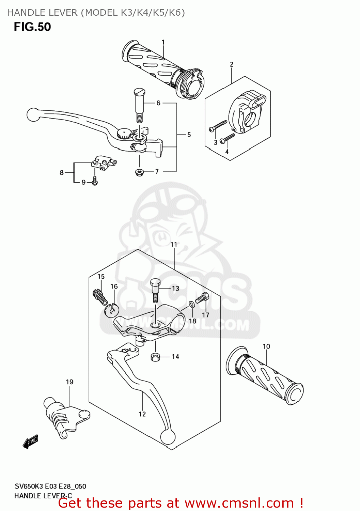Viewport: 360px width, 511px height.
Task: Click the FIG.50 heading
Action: (32, 27)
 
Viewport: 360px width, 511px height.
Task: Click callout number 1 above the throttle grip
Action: (163, 42)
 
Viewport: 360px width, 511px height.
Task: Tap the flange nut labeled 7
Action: (139, 172)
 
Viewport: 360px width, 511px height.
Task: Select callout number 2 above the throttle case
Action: (232, 64)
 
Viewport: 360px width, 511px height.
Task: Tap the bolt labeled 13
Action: (155, 290)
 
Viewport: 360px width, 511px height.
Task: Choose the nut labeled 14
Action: (155, 357)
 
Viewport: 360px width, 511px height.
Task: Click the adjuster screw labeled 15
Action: (98, 296)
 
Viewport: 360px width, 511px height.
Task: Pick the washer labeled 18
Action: (192, 304)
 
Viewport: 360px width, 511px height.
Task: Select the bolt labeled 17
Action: (202, 298)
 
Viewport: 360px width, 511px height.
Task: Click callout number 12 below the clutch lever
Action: (142, 414)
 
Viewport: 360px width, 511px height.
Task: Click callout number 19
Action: (69, 382)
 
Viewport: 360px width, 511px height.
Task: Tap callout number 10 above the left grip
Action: (266, 346)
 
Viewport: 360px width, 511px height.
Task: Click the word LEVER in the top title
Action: (63, 13)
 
